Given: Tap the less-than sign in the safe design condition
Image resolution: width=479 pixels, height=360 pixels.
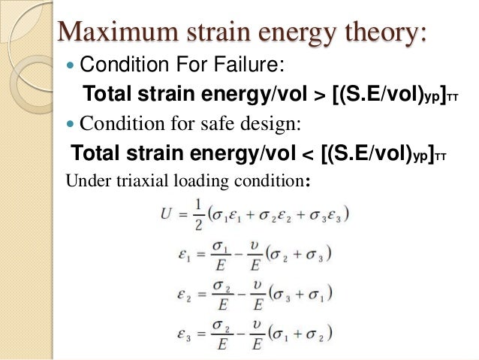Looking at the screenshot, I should (307, 156).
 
